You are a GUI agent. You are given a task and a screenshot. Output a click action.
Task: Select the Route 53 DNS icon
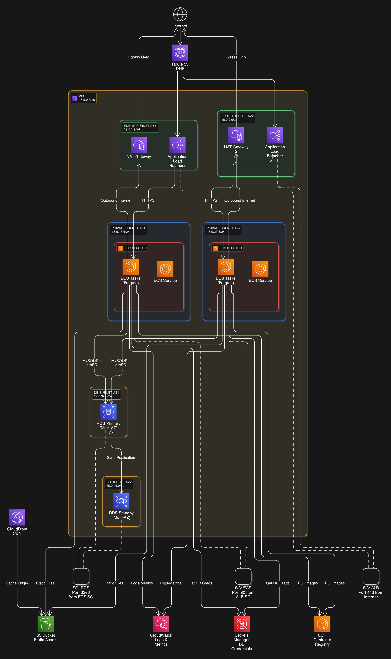tap(180, 52)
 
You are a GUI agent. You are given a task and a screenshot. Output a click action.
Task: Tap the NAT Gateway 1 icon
tap(139, 145)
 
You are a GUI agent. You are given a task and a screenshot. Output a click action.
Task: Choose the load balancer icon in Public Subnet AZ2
tap(275, 135)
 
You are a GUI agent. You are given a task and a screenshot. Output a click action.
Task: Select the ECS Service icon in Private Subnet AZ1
tap(165, 269)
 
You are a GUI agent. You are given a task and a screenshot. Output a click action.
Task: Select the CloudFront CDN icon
tap(17, 517)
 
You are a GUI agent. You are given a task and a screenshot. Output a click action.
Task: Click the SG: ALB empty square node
tap(371, 576)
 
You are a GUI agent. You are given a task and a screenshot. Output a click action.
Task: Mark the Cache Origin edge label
tap(17, 583)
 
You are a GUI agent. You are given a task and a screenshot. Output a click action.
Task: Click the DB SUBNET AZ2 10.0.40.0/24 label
tap(119, 484)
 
